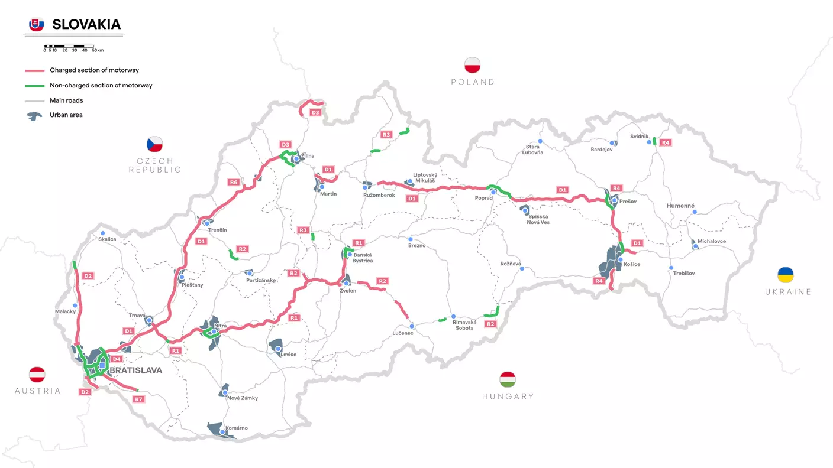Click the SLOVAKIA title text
click(x=86, y=24)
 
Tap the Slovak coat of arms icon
click(x=37, y=25)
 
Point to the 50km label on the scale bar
click(x=98, y=50)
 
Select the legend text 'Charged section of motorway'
click(x=94, y=70)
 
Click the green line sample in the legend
click(x=34, y=86)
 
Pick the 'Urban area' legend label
click(x=66, y=115)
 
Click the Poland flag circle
click(x=472, y=66)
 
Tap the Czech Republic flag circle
click(x=155, y=144)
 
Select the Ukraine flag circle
click(x=786, y=275)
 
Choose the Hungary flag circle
click(x=508, y=379)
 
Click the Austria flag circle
click(x=37, y=374)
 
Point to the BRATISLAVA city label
click(x=135, y=370)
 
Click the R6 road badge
click(x=233, y=183)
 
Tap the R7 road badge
click(x=138, y=399)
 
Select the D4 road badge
click(x=117, y=359)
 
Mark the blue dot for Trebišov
click(x=671, y=268)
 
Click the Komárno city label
click(x=237, y=428)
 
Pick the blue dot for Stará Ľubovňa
click(x=540, y=142)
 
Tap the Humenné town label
click(x=680, y=206)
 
